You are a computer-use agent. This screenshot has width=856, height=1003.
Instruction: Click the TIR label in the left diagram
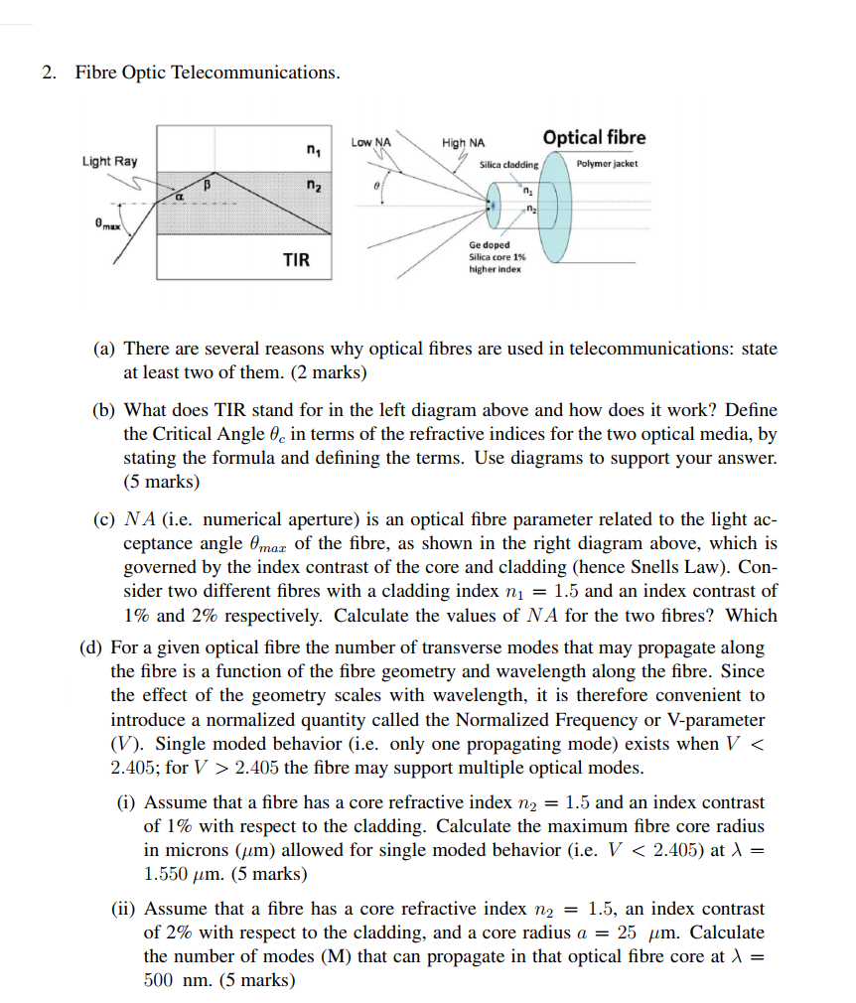[296, 260]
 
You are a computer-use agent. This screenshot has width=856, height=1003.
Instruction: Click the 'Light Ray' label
[110, 161]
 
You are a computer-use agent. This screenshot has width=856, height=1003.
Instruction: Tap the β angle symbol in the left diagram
[208, 184]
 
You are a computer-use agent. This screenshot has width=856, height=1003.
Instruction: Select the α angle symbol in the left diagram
[180, 199]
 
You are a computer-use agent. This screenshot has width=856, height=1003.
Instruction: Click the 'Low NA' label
[370, 143]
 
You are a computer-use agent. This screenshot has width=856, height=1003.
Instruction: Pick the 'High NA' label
[463, 143]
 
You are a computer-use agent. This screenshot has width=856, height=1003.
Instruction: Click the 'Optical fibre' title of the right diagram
[594, 138]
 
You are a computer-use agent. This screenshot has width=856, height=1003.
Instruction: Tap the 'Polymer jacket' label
[607, 163]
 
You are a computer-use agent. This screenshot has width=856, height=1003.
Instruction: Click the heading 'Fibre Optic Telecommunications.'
[206, 72]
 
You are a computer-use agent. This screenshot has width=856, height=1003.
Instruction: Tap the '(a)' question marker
[104, 349]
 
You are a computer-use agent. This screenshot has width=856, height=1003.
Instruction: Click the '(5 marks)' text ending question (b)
[161, 482]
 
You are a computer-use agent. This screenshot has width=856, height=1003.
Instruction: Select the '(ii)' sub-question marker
[125, 909]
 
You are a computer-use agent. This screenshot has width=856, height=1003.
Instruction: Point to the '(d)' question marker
[92, 647]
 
